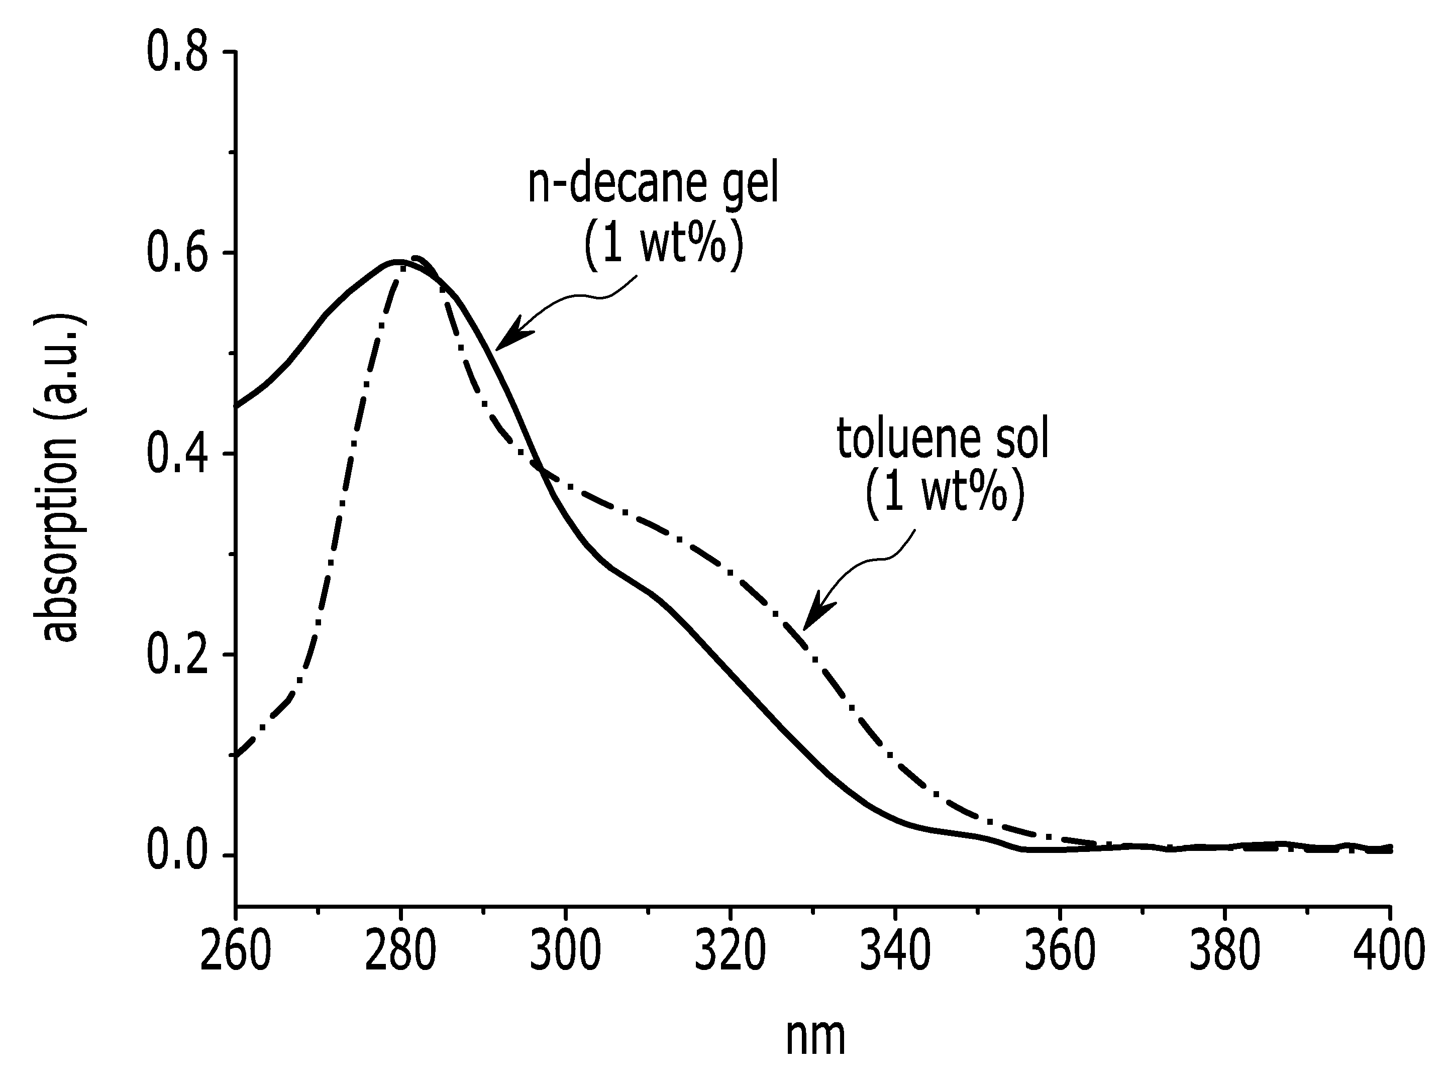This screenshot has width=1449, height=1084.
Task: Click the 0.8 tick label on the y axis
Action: (x=177, y=52)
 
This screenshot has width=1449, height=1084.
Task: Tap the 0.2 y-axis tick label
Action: (x=177, y=655)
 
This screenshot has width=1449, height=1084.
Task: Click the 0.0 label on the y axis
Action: (x=177, y=855)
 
